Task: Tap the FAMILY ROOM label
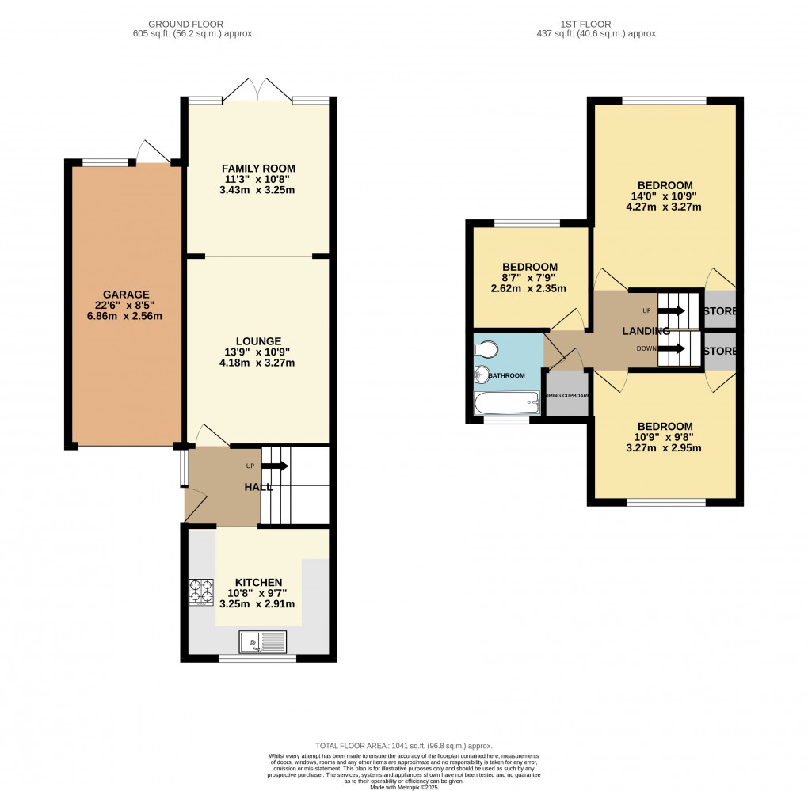tap(258, 168)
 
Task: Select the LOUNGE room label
tap(258, 340)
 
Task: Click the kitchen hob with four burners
tap(201, 593)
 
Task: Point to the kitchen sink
tap(261, 641)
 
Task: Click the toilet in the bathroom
tap(485, 349)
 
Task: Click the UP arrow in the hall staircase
tap(277, 466)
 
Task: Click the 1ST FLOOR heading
tap(596, 24)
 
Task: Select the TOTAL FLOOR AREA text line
tap(404, 746)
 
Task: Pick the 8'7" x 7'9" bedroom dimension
tap(529, 278)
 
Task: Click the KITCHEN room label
tap(258, 583)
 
